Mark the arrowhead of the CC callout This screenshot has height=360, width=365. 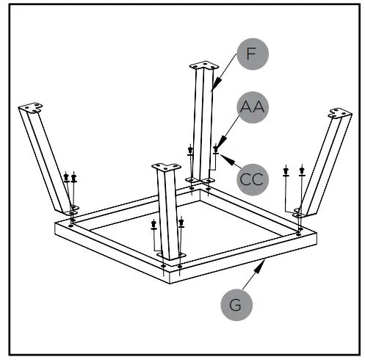click(220, 155)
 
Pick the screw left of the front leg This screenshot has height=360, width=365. click(153, 224)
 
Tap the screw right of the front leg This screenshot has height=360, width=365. click(181, 222)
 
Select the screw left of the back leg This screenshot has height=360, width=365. click(191, 152)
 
